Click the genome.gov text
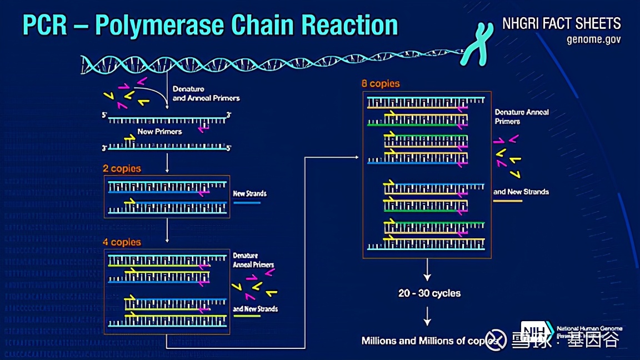593,39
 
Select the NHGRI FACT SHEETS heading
561,23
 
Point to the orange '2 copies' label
122,168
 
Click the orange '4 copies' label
122,242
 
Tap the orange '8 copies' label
381,84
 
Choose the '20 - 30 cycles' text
429,293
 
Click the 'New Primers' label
159,132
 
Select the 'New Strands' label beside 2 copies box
249,194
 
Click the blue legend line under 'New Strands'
247,203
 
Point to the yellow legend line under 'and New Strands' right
508,201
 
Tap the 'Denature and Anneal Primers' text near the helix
206,93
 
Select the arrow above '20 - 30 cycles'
427,272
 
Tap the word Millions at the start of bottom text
379,341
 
